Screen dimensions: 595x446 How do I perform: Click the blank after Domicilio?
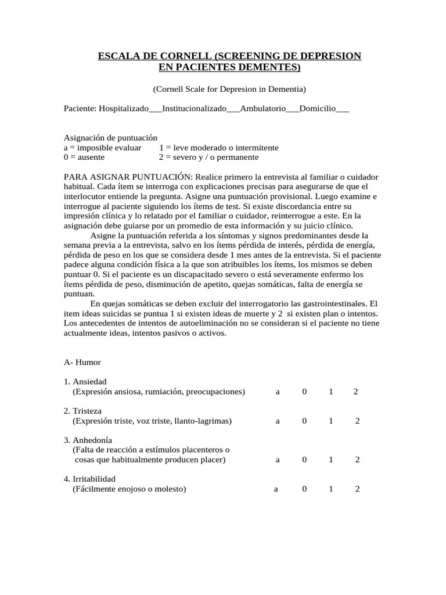coord(343,109)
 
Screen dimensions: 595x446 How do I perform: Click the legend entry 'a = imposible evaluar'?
coord(102,148)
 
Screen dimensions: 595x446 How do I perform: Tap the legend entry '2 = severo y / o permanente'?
coord(209,157)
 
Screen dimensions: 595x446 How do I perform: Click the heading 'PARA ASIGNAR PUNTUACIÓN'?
coord(127,176)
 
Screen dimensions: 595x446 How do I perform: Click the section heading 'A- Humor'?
coord(82,362)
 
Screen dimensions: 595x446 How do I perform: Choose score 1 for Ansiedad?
coord(331,392)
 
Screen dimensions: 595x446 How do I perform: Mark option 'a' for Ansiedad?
coord(278,392)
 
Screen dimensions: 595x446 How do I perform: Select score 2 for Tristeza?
coord(357,421)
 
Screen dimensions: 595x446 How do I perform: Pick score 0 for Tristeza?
coord(304,421)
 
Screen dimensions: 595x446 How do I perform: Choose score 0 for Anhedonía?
coord(304,460)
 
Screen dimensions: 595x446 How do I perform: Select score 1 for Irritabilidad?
coord(331,489)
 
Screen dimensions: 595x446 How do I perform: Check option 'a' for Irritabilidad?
coord(276,489)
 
